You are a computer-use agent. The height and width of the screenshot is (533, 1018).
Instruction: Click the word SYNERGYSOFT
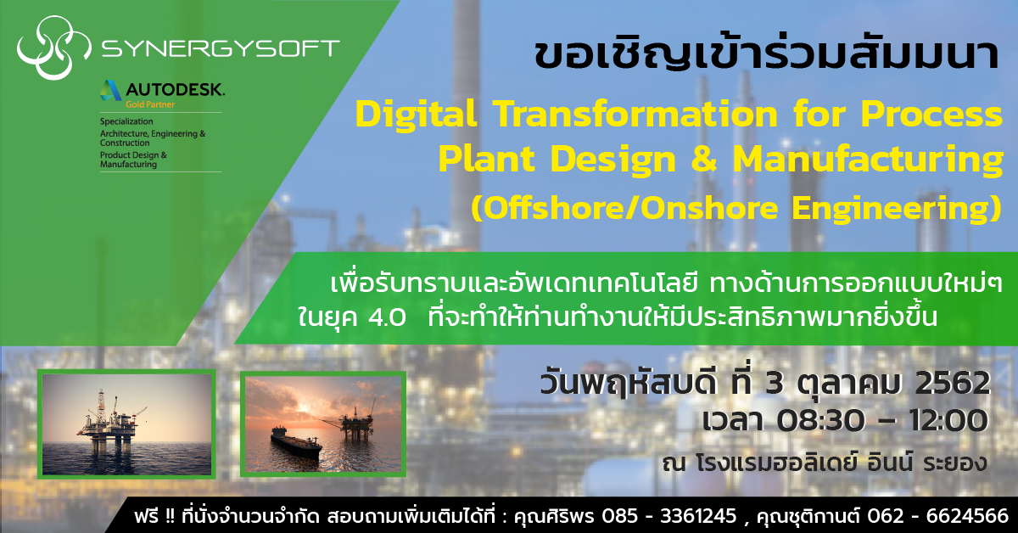point(220,48)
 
